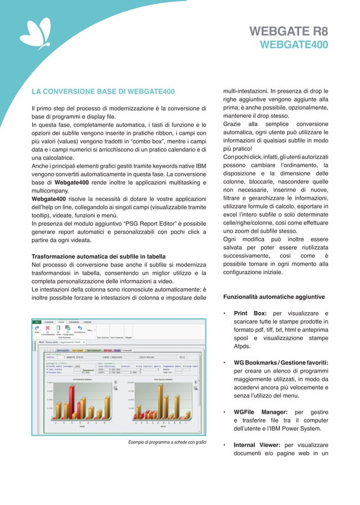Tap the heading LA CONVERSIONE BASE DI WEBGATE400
pyautogui.click(x=103, y=91)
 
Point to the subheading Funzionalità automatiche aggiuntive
pyautogui.click(x=274, y=296)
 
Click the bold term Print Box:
pyautogui.click(x=250, y=313)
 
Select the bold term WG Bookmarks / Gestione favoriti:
pyautogui.click(x=281, y=362)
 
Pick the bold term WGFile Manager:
pyautogui.click(x=261, y=412)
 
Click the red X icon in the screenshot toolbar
pyautogui.click(x=48, y=327)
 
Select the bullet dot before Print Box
pyautogui.click(x=225, y=313)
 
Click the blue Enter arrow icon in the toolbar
pyautogui.click(x=37, y=327)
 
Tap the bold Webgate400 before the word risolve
pyautogui.click(x=49, y=199)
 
